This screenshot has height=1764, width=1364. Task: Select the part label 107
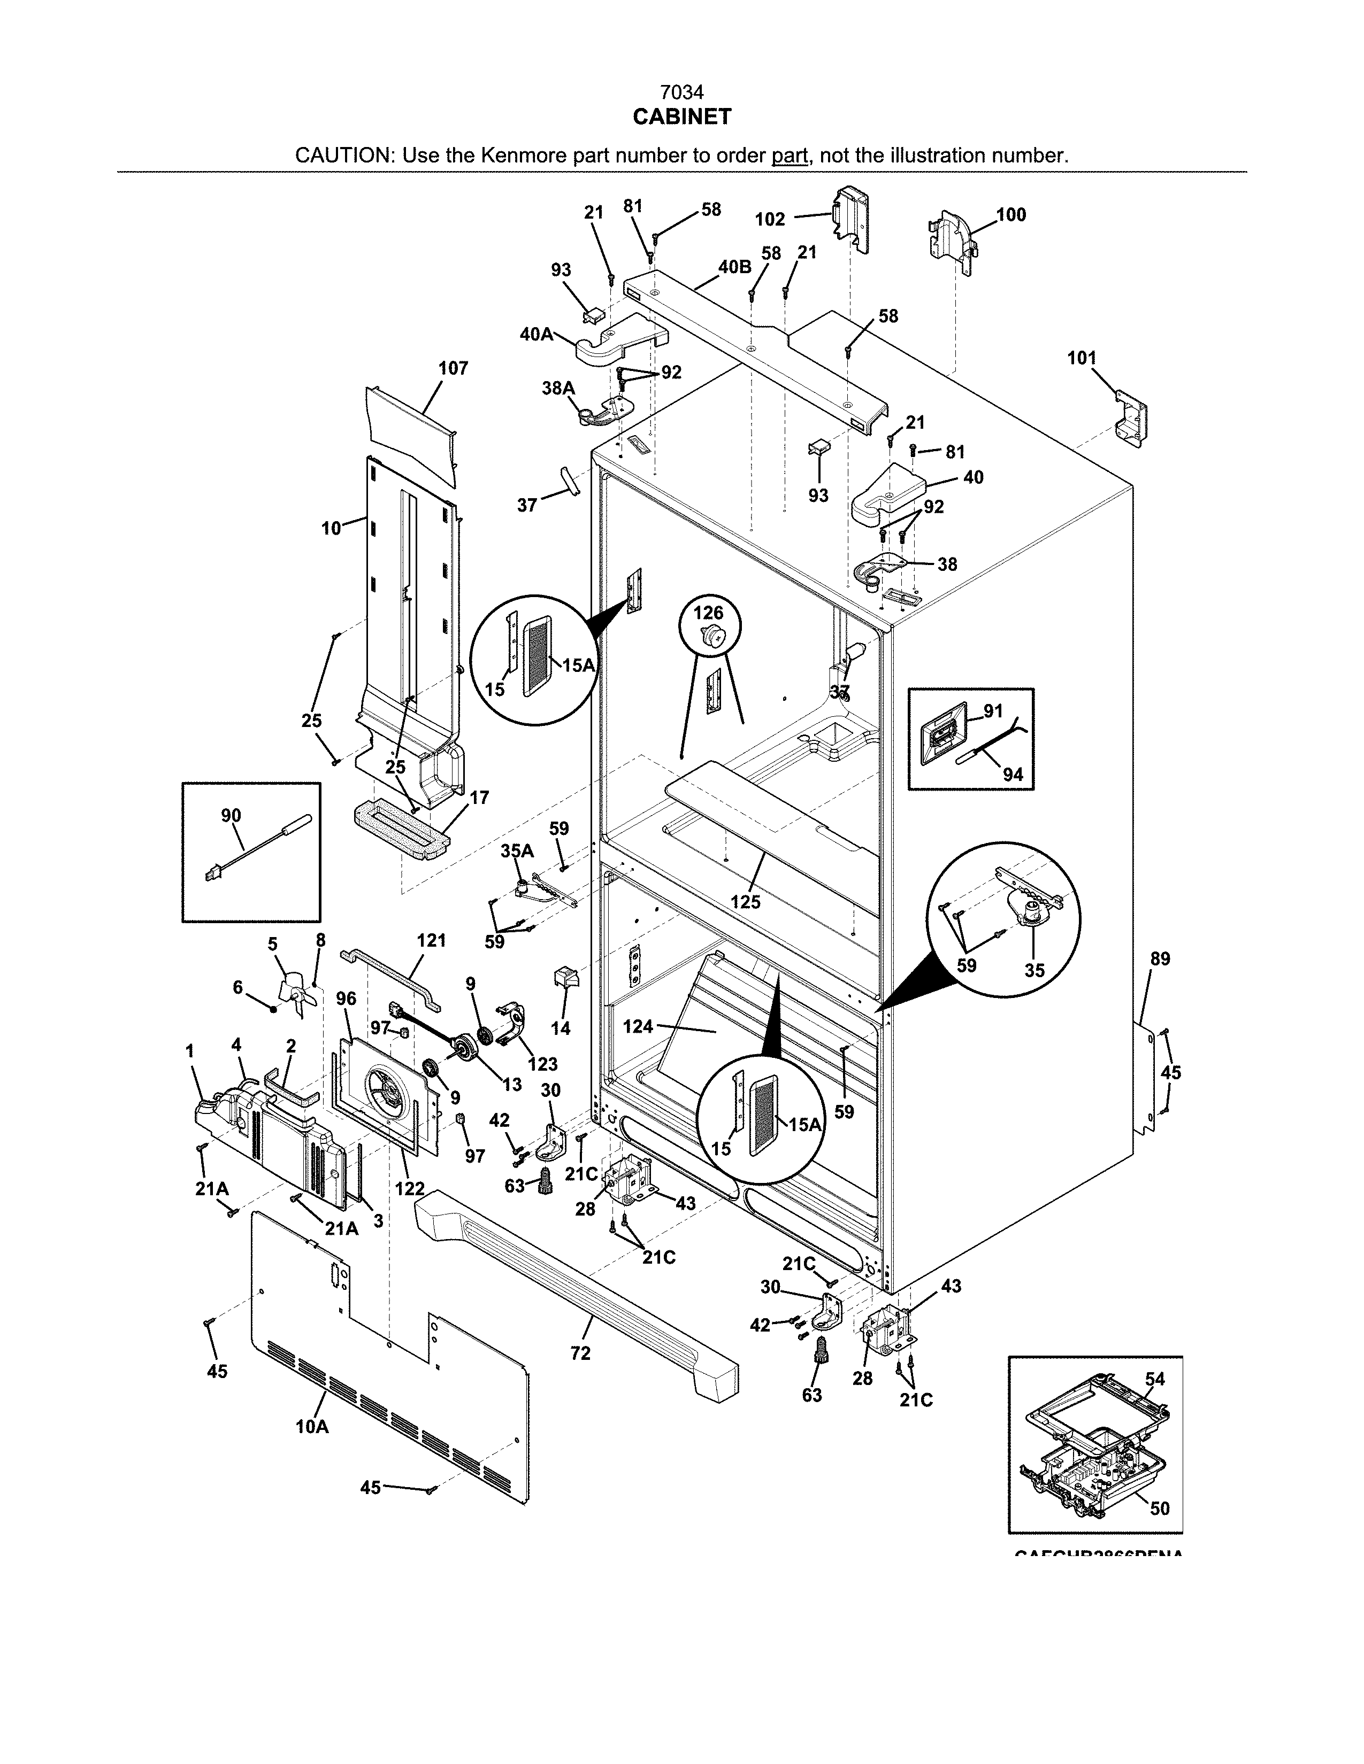[x=453, y=368]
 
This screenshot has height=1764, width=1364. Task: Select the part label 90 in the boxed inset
[x=231, y=815]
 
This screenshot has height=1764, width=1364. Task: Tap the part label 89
[x=1160, y=959]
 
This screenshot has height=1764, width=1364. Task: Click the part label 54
[x=1155, y=1379]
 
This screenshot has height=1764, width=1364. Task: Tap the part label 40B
[x=734, y=267]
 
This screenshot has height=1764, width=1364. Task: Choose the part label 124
[x=638, y=1026]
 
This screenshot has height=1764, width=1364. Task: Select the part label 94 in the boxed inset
[x=1013, y=775]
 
